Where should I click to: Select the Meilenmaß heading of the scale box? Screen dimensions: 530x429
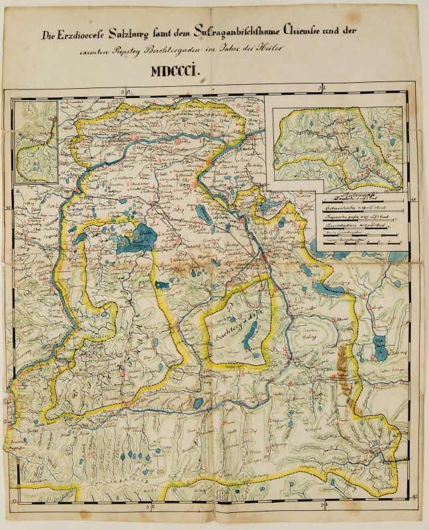[361, 195]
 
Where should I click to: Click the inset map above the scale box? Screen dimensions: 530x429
[340, 140]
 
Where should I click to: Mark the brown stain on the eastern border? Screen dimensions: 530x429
[342, 361]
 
